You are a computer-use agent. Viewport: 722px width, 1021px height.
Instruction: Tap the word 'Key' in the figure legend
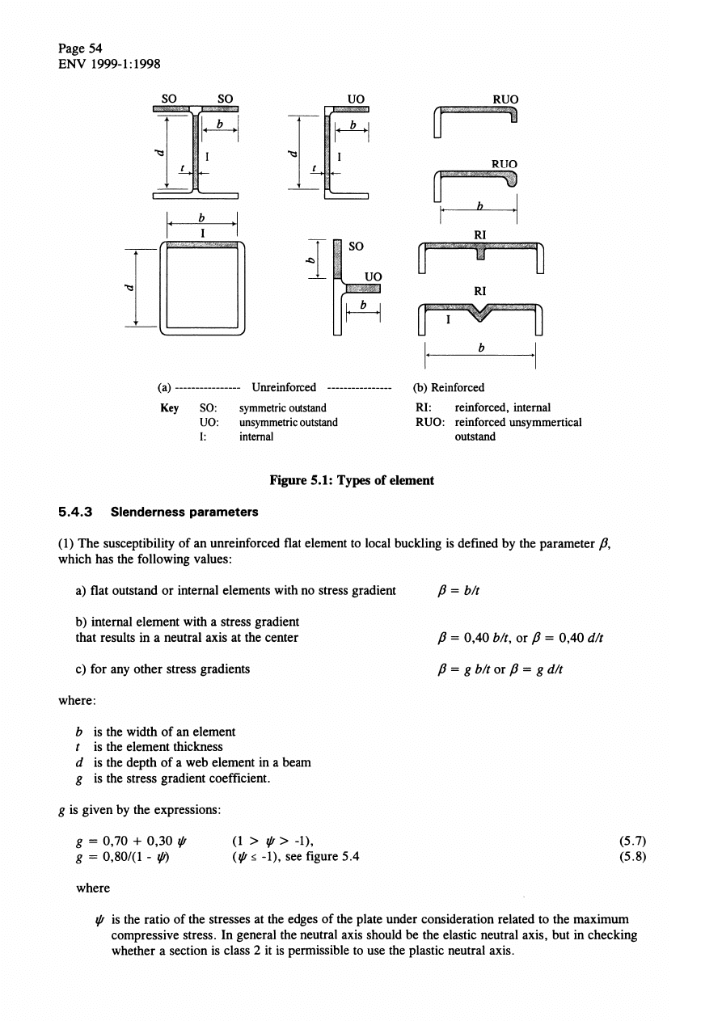click(169, 408)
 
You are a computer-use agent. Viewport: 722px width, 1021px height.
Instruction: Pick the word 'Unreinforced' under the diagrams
click(284, 387)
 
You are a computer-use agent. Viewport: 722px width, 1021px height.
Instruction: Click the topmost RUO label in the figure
click(505, 99)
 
